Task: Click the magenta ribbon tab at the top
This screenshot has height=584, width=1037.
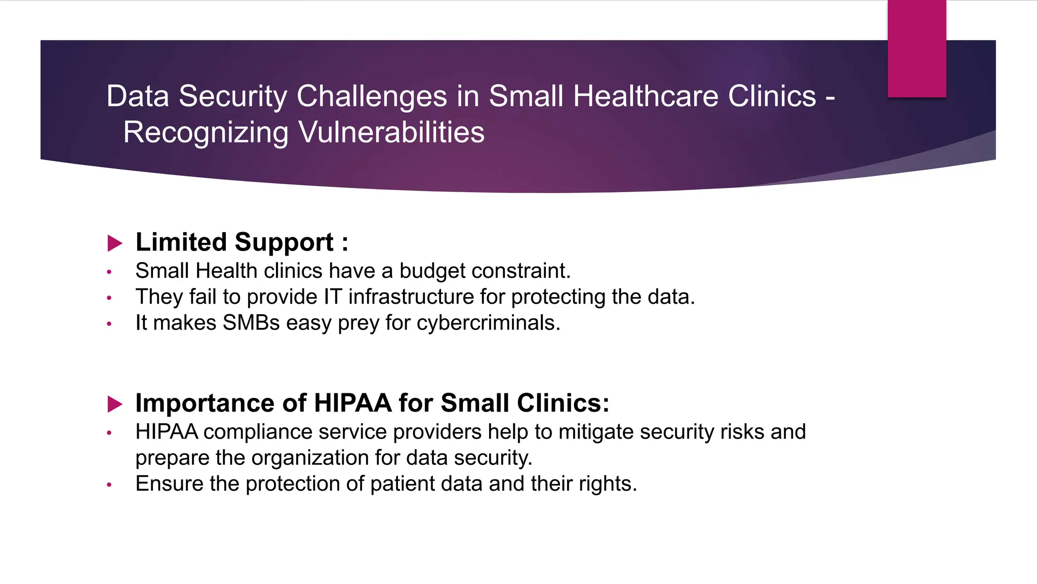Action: coord(916,49)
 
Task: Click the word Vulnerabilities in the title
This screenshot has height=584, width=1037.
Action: coord(391,132)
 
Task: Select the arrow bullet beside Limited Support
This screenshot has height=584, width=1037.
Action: coord(115,243)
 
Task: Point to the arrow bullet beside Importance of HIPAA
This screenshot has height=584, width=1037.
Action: coord(115,404)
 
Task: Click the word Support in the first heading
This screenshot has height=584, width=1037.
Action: coord(284,242)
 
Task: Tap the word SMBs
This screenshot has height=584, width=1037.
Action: coord(251,322)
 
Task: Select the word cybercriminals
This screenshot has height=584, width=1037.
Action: coord(488,322)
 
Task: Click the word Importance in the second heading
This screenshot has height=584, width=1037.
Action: coord(205,403)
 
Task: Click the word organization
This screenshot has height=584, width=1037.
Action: coord(310,458)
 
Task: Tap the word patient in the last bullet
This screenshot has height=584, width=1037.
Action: coord(402,484)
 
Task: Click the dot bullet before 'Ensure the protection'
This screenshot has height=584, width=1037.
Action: coord(109,485)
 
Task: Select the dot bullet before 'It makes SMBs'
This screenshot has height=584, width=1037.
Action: coord(109,323)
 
